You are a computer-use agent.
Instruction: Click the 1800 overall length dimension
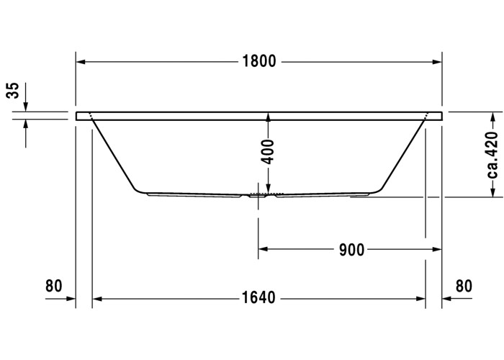(x=258, y=61)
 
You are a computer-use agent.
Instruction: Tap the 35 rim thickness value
(x=14, y=90)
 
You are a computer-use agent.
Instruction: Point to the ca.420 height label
(x=492, y=155)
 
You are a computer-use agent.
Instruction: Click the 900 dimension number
(x=352, y=250)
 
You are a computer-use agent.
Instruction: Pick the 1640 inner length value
(x=258, y=297)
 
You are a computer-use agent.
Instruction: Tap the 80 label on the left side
(x=53, y=286)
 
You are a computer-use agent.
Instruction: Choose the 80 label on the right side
(x=464, y=286)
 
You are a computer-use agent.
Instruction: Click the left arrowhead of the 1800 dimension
(x=81, y=62)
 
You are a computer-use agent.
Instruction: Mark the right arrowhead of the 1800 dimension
(x=437, y=62)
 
